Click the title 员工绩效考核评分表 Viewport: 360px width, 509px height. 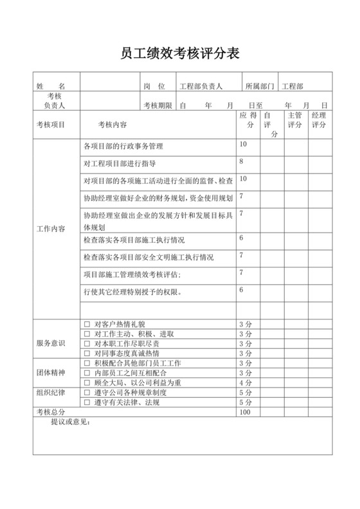(x=180, y=53)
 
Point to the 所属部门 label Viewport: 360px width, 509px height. (x=260, y=85)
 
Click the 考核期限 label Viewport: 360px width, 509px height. (x=157, y=105)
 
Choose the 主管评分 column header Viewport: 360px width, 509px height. (x=295, y=120)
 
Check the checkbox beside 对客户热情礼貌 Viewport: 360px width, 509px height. (x=87, y=324)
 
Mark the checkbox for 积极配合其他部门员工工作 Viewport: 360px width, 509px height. (x=87, y=363)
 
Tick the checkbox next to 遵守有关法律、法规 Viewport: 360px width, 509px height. (x=87, y=402)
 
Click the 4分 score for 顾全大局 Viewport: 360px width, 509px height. (x=245, y=382)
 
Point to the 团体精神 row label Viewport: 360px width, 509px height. (x=50, y=372)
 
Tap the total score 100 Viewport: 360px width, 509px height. (x=245, y=412)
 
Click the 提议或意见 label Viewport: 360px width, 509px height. (x=71, y=422)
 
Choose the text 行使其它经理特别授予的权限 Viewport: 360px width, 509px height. (x=133, y=292)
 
